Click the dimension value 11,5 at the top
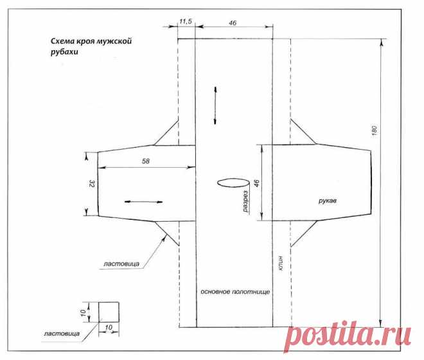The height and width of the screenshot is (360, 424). coord(186,21)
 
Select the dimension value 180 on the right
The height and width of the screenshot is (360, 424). coord(375,131)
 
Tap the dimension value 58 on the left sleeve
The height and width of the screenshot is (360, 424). coord(145,161)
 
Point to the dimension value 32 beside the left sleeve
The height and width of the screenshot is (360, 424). coord(92,184)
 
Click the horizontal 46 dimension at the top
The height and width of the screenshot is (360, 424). coord(233,23)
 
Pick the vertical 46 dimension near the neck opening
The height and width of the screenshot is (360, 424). coord(257,183)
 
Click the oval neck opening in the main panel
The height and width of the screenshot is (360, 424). coord(233,183)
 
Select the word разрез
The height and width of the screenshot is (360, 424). coord(245,201)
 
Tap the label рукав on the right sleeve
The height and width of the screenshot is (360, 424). coord(328,201)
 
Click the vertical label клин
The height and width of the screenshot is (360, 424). coord(281,264)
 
